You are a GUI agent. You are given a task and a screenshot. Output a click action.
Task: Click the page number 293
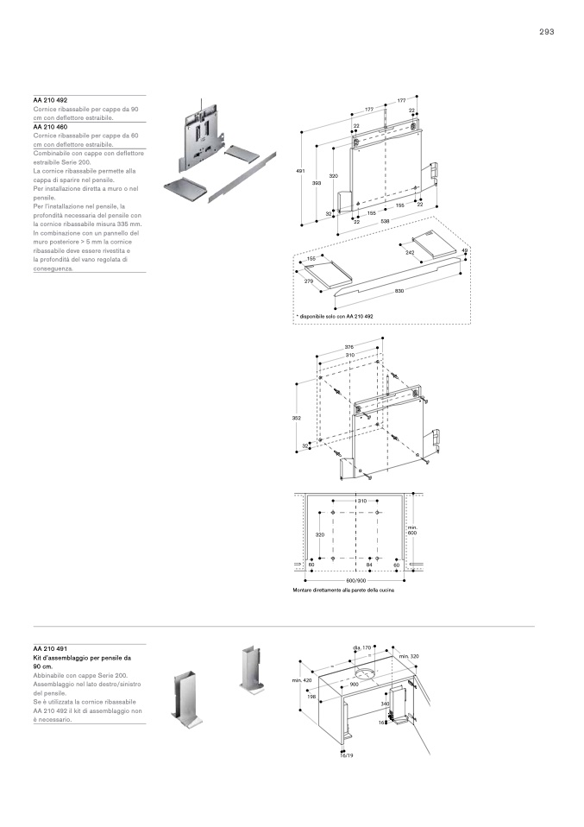coord(546,31)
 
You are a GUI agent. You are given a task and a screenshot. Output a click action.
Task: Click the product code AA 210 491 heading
coord(50,648)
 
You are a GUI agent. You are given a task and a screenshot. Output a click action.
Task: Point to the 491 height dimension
coord(300,172)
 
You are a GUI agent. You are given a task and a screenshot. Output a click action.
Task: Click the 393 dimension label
coord(317,183)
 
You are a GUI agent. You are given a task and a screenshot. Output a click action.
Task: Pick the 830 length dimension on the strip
coord(399,291)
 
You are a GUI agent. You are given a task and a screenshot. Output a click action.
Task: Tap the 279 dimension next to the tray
coord(308,281)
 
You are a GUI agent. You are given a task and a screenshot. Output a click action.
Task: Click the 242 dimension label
coord(410,252)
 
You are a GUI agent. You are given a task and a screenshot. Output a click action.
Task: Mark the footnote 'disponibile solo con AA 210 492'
coord(335,317)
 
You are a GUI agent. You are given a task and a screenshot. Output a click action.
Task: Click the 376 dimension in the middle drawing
coord(349,347)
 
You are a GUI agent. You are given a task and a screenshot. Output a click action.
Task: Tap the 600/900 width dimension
coord(356,580)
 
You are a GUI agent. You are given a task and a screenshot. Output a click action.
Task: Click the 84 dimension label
coord(369,565)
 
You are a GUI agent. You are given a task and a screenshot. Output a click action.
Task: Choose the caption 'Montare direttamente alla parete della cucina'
coord(343,590)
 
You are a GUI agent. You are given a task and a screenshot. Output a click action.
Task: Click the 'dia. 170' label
coord(361,647)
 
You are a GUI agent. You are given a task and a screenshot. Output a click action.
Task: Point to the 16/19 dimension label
coord(348,754)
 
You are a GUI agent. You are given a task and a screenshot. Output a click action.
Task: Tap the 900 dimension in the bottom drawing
coord(354,684)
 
